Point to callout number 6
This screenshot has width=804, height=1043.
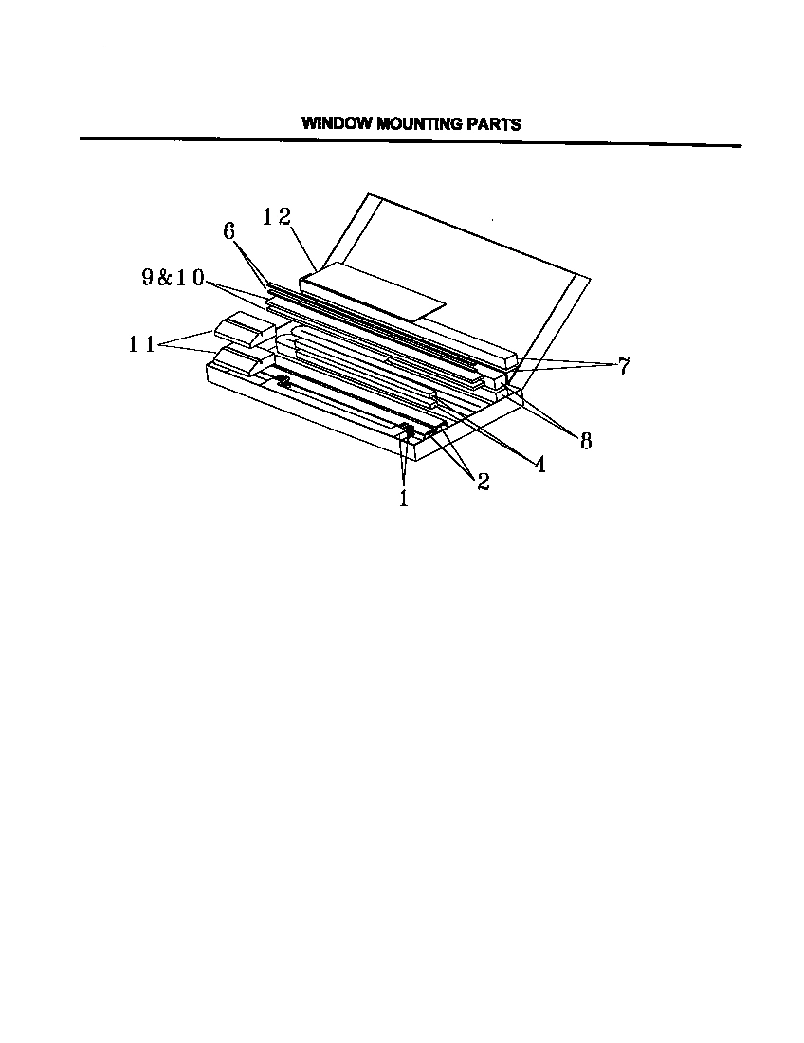228,231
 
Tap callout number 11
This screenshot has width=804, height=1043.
142,345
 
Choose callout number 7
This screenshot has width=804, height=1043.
624,367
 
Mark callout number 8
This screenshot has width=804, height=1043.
585,440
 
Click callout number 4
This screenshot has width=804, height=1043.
539,465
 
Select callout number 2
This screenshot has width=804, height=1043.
483,482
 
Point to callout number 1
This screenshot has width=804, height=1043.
404,498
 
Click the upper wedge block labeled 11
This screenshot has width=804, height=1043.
242,329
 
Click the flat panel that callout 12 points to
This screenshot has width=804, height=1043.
370,293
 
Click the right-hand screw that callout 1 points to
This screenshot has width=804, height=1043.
410,432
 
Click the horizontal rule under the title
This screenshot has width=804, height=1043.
410,142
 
